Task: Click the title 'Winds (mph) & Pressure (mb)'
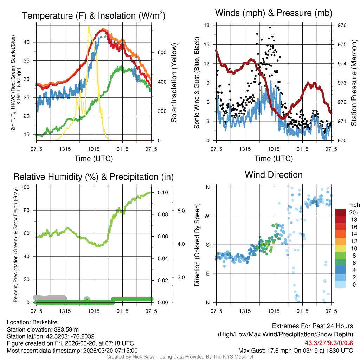pyautogui.click(x=274, y=13)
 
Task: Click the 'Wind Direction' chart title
pyautogui.click(x=274, y=175)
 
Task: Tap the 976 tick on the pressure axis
pyautogui.click(x=342, y=25)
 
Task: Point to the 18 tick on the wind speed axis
pyautogui.click(x=207, y=25)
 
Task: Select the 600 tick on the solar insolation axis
pyautogui.click(x=161, y=52)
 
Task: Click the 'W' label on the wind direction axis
pyautogui.click(x=207, y=216)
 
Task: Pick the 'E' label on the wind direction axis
pyautogui.click(x=207, y=274)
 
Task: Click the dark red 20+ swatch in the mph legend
pyautogui.click(x=340, y=212)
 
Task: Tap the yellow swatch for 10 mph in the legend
pyautogui.click(x=340, y=249)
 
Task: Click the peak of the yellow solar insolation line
pyautogui.click(x=89, y=26)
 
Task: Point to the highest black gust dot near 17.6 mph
pyautogui.click(x=270, y=27)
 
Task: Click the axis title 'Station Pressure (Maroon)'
pyautogui.click(x=354, y=83)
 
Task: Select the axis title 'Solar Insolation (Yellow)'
pyautogui.click(x=174, y=83)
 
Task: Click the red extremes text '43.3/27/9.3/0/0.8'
pyautogui.click(x=329, y=342)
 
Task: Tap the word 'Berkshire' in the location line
pyautogui.click(x=45, y=322)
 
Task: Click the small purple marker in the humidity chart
pyautogui.click(x=87, y=299)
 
